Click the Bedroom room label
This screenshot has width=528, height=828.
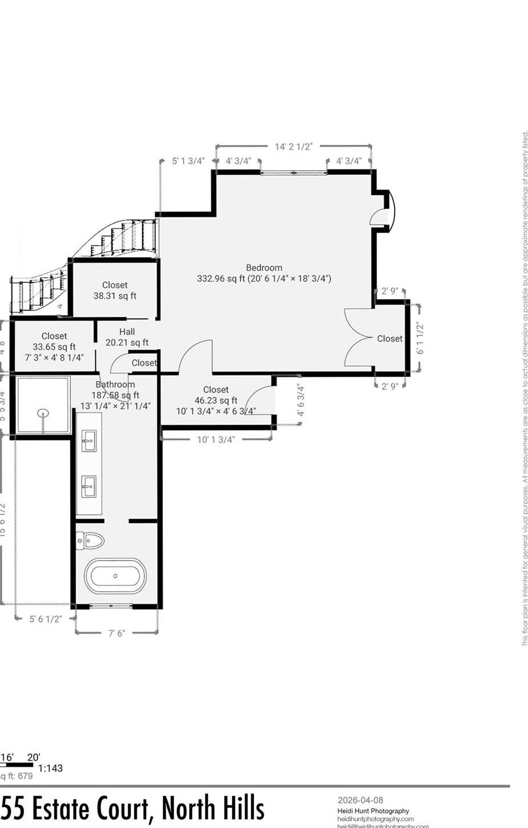click(264, 267)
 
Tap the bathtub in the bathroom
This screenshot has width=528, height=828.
click(115, 576)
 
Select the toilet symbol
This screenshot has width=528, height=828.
click(90, 539)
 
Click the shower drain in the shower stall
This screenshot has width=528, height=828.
click(43, 397)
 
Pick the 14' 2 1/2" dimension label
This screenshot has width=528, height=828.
click(294, 147)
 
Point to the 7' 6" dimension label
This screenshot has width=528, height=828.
click(117, 633)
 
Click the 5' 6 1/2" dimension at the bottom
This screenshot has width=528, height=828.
click(45, 618)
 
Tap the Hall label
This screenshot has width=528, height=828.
click(127, 331)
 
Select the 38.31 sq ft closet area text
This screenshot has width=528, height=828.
click(115, 296)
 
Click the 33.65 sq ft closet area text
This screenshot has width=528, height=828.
click(54, 347)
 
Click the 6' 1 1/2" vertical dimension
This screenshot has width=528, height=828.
click(420, 338)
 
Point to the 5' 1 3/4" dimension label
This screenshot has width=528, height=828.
click(188, 161)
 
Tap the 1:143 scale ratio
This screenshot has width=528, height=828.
click(50, 768)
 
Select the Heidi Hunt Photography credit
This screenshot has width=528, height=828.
click(373, 811)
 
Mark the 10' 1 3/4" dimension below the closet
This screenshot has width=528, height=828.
click(215, 423)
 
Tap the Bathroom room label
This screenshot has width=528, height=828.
click(115, 384)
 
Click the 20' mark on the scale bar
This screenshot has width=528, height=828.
click(33, 757)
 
